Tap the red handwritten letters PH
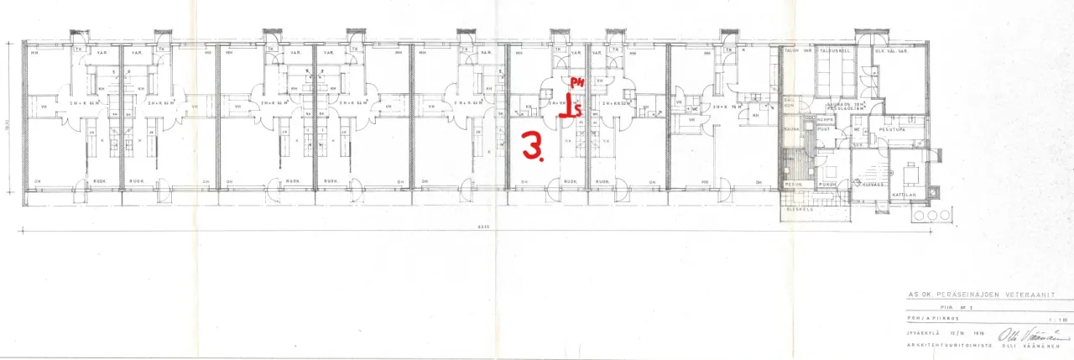pyautogui.click(x=576, y=81)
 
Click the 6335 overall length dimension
pyautogui.click(x=482, y=226)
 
